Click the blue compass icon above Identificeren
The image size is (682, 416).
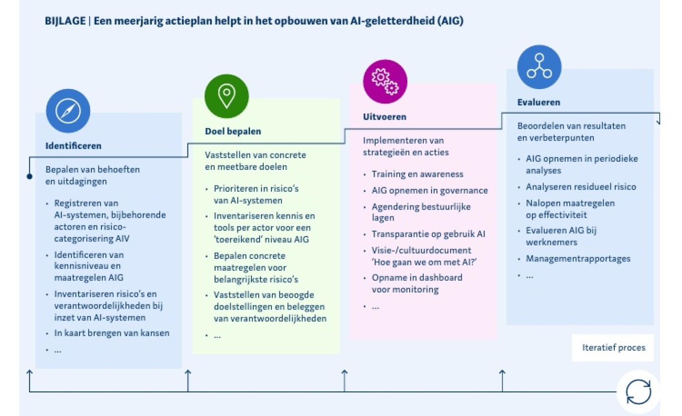coord(68,111)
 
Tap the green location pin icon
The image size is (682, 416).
coord(226,96)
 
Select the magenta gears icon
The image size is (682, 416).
coord(385,81)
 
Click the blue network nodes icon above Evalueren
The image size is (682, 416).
coord(539,67)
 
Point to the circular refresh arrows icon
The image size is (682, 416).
coord(638,391)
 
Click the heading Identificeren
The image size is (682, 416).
coord(73,146)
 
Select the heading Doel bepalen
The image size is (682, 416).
coord(233,131)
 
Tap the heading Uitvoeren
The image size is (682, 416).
coord(385,117)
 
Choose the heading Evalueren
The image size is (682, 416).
coord(538,102)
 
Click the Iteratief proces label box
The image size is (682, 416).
coord(613,348)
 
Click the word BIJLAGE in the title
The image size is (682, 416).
coord(65,21)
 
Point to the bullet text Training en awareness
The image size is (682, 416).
coord(417,174)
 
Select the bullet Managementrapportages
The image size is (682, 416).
coord(578,259)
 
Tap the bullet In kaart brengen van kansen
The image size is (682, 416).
coord(111,333)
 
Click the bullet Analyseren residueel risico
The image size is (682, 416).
coord(581,187)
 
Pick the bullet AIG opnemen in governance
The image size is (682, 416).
coord(429,190)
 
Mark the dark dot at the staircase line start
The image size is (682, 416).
coord(29,177)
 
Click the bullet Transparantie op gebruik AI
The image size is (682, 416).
coord(428,234)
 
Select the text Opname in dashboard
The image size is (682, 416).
coord(417,278)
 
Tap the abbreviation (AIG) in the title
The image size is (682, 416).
coord(450,21)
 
